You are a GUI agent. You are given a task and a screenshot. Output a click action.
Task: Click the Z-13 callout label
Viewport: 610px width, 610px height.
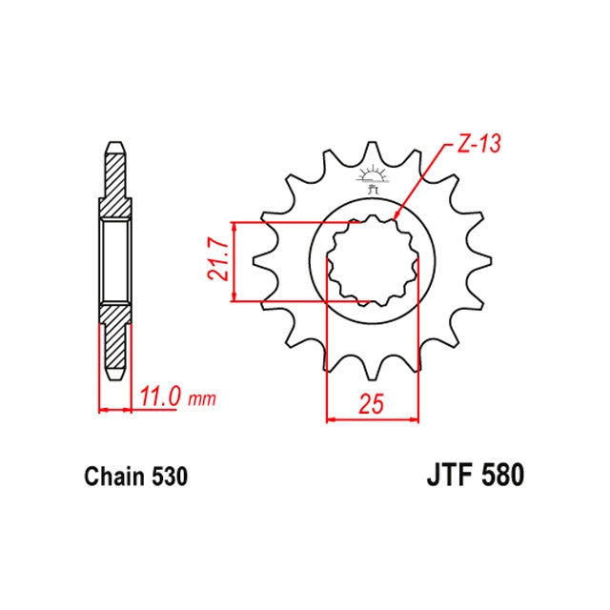477,145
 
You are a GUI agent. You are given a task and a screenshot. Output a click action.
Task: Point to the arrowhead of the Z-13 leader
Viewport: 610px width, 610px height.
395,220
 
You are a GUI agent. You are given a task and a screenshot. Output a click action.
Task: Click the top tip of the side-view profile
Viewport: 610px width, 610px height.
113,146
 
